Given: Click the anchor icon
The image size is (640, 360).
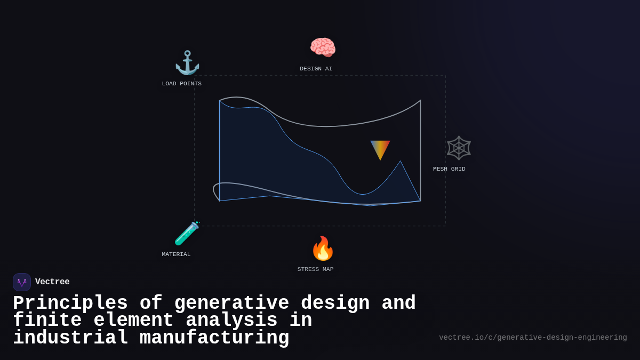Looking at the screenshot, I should [187, 63].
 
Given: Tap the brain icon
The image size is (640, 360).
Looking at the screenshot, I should [323, 47].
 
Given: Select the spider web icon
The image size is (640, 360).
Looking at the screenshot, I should [459, 148].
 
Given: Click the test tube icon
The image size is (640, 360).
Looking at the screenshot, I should [187, 233].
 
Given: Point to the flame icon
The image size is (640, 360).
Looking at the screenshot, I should [323, 249].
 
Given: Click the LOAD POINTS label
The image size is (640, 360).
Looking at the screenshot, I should [182, 84].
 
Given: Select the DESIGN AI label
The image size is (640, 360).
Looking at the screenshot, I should [316, 69].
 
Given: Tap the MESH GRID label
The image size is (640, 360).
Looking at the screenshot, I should [449, 169].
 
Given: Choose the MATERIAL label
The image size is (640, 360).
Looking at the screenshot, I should [176, 254].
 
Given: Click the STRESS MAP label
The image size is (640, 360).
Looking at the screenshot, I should [315, 269].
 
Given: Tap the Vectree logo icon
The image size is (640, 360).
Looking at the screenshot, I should [22, 282].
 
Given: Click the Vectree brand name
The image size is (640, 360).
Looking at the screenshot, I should [52, 282].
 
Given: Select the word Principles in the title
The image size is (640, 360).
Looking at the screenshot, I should [70, 303].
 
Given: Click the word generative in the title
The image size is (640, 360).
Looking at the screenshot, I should [231, 303].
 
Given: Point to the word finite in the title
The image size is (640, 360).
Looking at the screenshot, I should [47, 321].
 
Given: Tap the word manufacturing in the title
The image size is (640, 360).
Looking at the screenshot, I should [214, 338].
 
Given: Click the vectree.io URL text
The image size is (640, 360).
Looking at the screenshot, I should [533, 338].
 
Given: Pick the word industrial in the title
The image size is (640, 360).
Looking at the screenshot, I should [70, 338].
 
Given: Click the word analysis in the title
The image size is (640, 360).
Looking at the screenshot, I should [231, 321].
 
